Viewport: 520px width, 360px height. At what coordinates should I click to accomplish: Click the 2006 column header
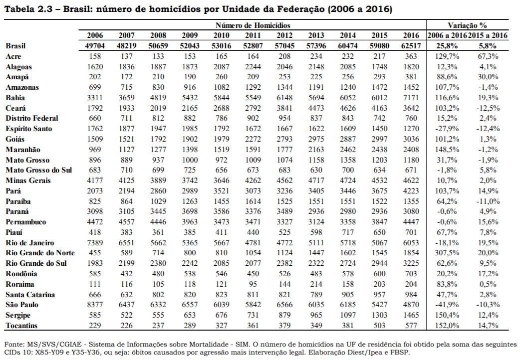pos(95,35)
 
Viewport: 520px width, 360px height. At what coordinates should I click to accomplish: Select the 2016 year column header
pos(411,35)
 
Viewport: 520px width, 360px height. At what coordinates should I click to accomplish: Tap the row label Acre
pos(13,56)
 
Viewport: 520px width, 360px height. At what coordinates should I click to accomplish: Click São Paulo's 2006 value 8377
pos(95,305)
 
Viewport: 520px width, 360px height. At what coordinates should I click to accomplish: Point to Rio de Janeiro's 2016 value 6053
pos(411,243)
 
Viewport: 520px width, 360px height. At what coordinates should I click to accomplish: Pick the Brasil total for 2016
pos(411,46)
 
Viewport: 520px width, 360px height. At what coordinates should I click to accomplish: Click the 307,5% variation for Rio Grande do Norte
pos(447,253)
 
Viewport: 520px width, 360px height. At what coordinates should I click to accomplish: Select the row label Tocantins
pos(21,326)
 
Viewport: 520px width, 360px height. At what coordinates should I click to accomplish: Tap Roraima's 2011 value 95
pos(253,284)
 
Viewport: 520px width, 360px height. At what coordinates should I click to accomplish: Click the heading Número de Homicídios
pos(253,25)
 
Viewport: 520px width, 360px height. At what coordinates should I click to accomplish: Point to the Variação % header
pos(467,25)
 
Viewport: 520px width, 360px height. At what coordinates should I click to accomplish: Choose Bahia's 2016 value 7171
pos(411,98)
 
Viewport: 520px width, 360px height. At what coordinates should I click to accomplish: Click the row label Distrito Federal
pos(32,118)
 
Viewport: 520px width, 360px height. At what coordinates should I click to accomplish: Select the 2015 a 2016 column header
pos(488,35)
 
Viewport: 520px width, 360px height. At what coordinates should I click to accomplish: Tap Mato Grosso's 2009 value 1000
pos(190,160)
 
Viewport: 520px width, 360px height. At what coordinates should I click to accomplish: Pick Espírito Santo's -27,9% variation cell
pos(447,129)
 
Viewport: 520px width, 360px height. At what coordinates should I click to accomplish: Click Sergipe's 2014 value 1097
pos(347,315)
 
